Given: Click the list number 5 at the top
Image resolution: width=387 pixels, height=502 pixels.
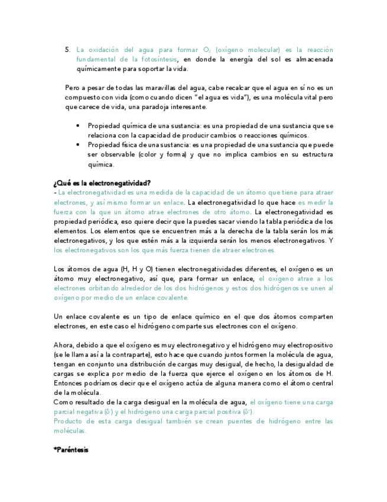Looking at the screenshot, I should [x=67, y=50].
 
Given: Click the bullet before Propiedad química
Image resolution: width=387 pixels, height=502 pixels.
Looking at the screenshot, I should [x=79, y=126].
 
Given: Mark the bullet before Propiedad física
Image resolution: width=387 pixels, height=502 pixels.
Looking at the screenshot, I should [x=79, y=144].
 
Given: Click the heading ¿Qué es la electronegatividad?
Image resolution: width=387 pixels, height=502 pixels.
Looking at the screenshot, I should [x=102, y=183].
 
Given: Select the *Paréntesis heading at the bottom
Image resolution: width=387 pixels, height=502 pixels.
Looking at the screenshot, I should [x=71, y=450].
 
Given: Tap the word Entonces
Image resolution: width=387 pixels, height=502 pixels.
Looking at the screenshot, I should [x=71, y=383].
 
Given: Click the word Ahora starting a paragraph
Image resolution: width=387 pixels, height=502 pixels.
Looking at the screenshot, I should [x=64, y=345].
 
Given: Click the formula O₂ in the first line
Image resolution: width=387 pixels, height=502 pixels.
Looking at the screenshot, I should [x=207, y=50].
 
